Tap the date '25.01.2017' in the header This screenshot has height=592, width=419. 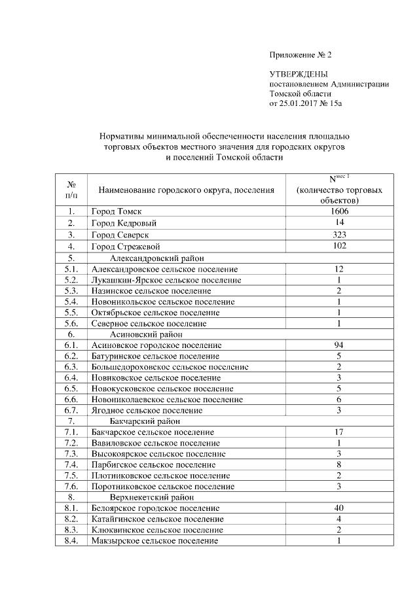298,103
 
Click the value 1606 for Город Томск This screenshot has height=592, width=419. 338,212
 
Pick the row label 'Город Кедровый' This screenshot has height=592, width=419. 124,224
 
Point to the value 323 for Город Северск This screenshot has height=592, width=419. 338,235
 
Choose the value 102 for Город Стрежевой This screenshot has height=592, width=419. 338,246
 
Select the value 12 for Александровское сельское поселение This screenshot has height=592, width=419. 338,269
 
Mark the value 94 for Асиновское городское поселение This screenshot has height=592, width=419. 338,345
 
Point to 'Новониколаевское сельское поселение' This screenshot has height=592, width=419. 168,399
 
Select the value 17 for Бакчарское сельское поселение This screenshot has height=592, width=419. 338,432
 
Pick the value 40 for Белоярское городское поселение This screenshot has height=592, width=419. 338,508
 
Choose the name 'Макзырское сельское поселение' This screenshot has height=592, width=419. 155,541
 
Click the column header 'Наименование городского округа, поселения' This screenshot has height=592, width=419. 186,190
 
